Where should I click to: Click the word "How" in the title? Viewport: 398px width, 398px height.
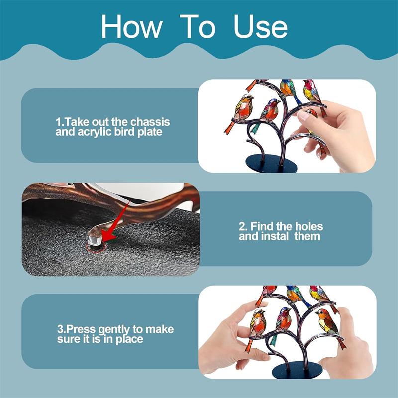(131, 26)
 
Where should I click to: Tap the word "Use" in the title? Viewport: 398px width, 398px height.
(260, 26)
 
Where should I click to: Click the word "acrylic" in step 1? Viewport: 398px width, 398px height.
(95, 132)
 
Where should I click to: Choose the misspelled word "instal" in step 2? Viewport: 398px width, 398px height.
(275, 236)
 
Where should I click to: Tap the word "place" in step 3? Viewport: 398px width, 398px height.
(129, 340)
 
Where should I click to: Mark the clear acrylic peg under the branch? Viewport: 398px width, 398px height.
(95, 240)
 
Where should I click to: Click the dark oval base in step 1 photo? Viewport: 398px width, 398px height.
(271, 164)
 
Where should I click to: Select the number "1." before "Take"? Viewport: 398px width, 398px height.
(60, 122)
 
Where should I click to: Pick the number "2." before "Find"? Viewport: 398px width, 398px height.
(243, 226)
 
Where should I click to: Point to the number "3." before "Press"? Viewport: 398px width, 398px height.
(61, 329)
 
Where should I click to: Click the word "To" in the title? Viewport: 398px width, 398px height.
(198, 26)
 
